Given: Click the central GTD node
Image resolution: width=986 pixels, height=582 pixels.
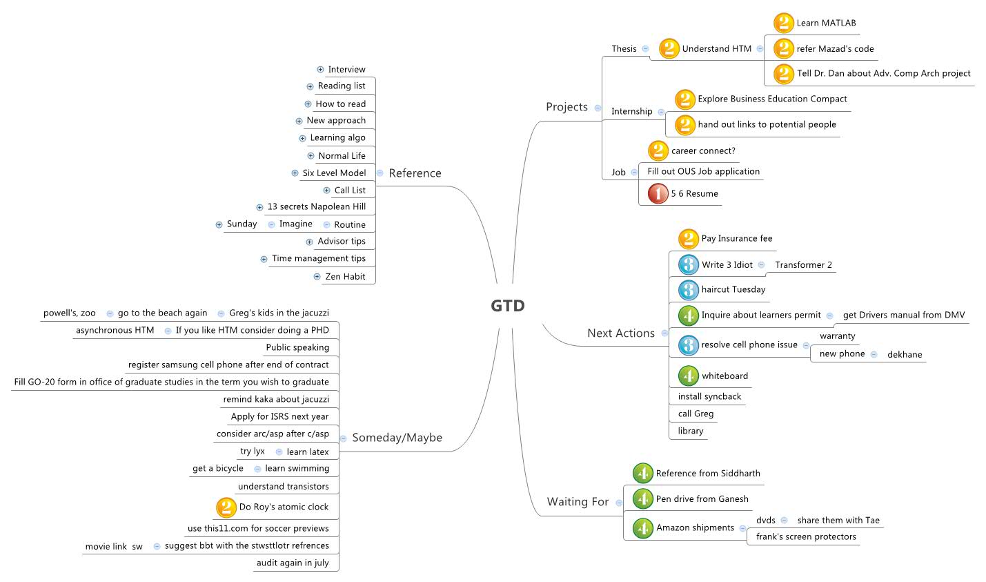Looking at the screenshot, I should pos(508,305).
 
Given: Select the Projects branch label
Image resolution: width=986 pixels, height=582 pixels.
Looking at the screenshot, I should pos(566,107).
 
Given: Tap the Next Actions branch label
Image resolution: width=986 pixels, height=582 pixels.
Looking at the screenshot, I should pos(620,333).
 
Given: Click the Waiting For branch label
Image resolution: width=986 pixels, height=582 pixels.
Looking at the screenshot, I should pos(578,502).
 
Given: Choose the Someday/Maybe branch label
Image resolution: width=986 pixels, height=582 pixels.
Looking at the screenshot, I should pos(397,438).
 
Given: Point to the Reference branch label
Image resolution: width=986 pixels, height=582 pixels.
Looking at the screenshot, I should pos(415,173).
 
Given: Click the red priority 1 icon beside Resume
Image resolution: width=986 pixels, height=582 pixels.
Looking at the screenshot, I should pos(658,194).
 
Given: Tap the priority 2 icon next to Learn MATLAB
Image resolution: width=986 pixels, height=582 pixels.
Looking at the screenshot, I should pos(783,23).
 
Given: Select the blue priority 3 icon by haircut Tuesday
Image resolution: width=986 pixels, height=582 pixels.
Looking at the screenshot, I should pos(688,290).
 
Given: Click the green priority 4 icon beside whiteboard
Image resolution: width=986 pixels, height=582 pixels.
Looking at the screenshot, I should pos(688,376).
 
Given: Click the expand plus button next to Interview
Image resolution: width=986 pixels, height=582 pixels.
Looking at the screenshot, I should pos(320,69).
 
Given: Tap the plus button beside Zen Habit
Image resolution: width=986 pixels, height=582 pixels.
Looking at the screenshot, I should pos(317,276).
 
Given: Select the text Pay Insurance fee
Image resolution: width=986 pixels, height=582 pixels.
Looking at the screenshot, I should pos(736,239).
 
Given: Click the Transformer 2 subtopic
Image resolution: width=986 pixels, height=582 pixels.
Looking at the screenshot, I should pos(803,265).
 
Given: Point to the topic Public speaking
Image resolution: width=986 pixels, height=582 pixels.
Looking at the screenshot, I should pos(297,347).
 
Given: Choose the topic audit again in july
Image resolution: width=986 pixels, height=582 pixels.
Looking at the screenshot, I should pos(293,563).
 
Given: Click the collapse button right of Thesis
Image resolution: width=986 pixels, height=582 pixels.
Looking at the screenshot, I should pos(645,49).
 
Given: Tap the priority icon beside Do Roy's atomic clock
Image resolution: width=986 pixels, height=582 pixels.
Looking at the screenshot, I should pos(226,507).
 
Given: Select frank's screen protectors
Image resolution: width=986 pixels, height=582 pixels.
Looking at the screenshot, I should pos(805,537).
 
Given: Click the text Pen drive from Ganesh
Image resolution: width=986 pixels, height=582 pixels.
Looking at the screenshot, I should pos(702,499).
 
